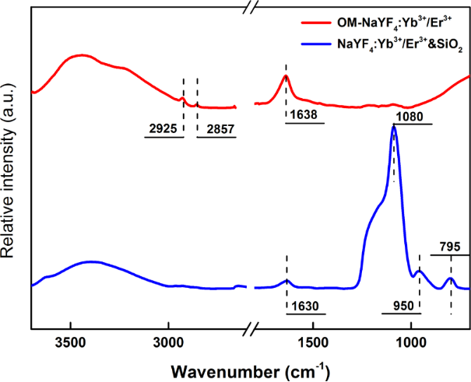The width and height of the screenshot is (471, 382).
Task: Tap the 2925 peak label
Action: point(163,129)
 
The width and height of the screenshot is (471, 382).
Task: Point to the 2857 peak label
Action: point(216,129)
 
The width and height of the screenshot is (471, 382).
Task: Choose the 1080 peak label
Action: point(412,115)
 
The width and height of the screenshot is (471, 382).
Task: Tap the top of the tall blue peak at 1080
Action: point(394,127)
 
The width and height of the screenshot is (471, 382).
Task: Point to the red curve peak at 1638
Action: point(286,75)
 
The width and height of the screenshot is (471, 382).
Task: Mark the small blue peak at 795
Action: point(451,279)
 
